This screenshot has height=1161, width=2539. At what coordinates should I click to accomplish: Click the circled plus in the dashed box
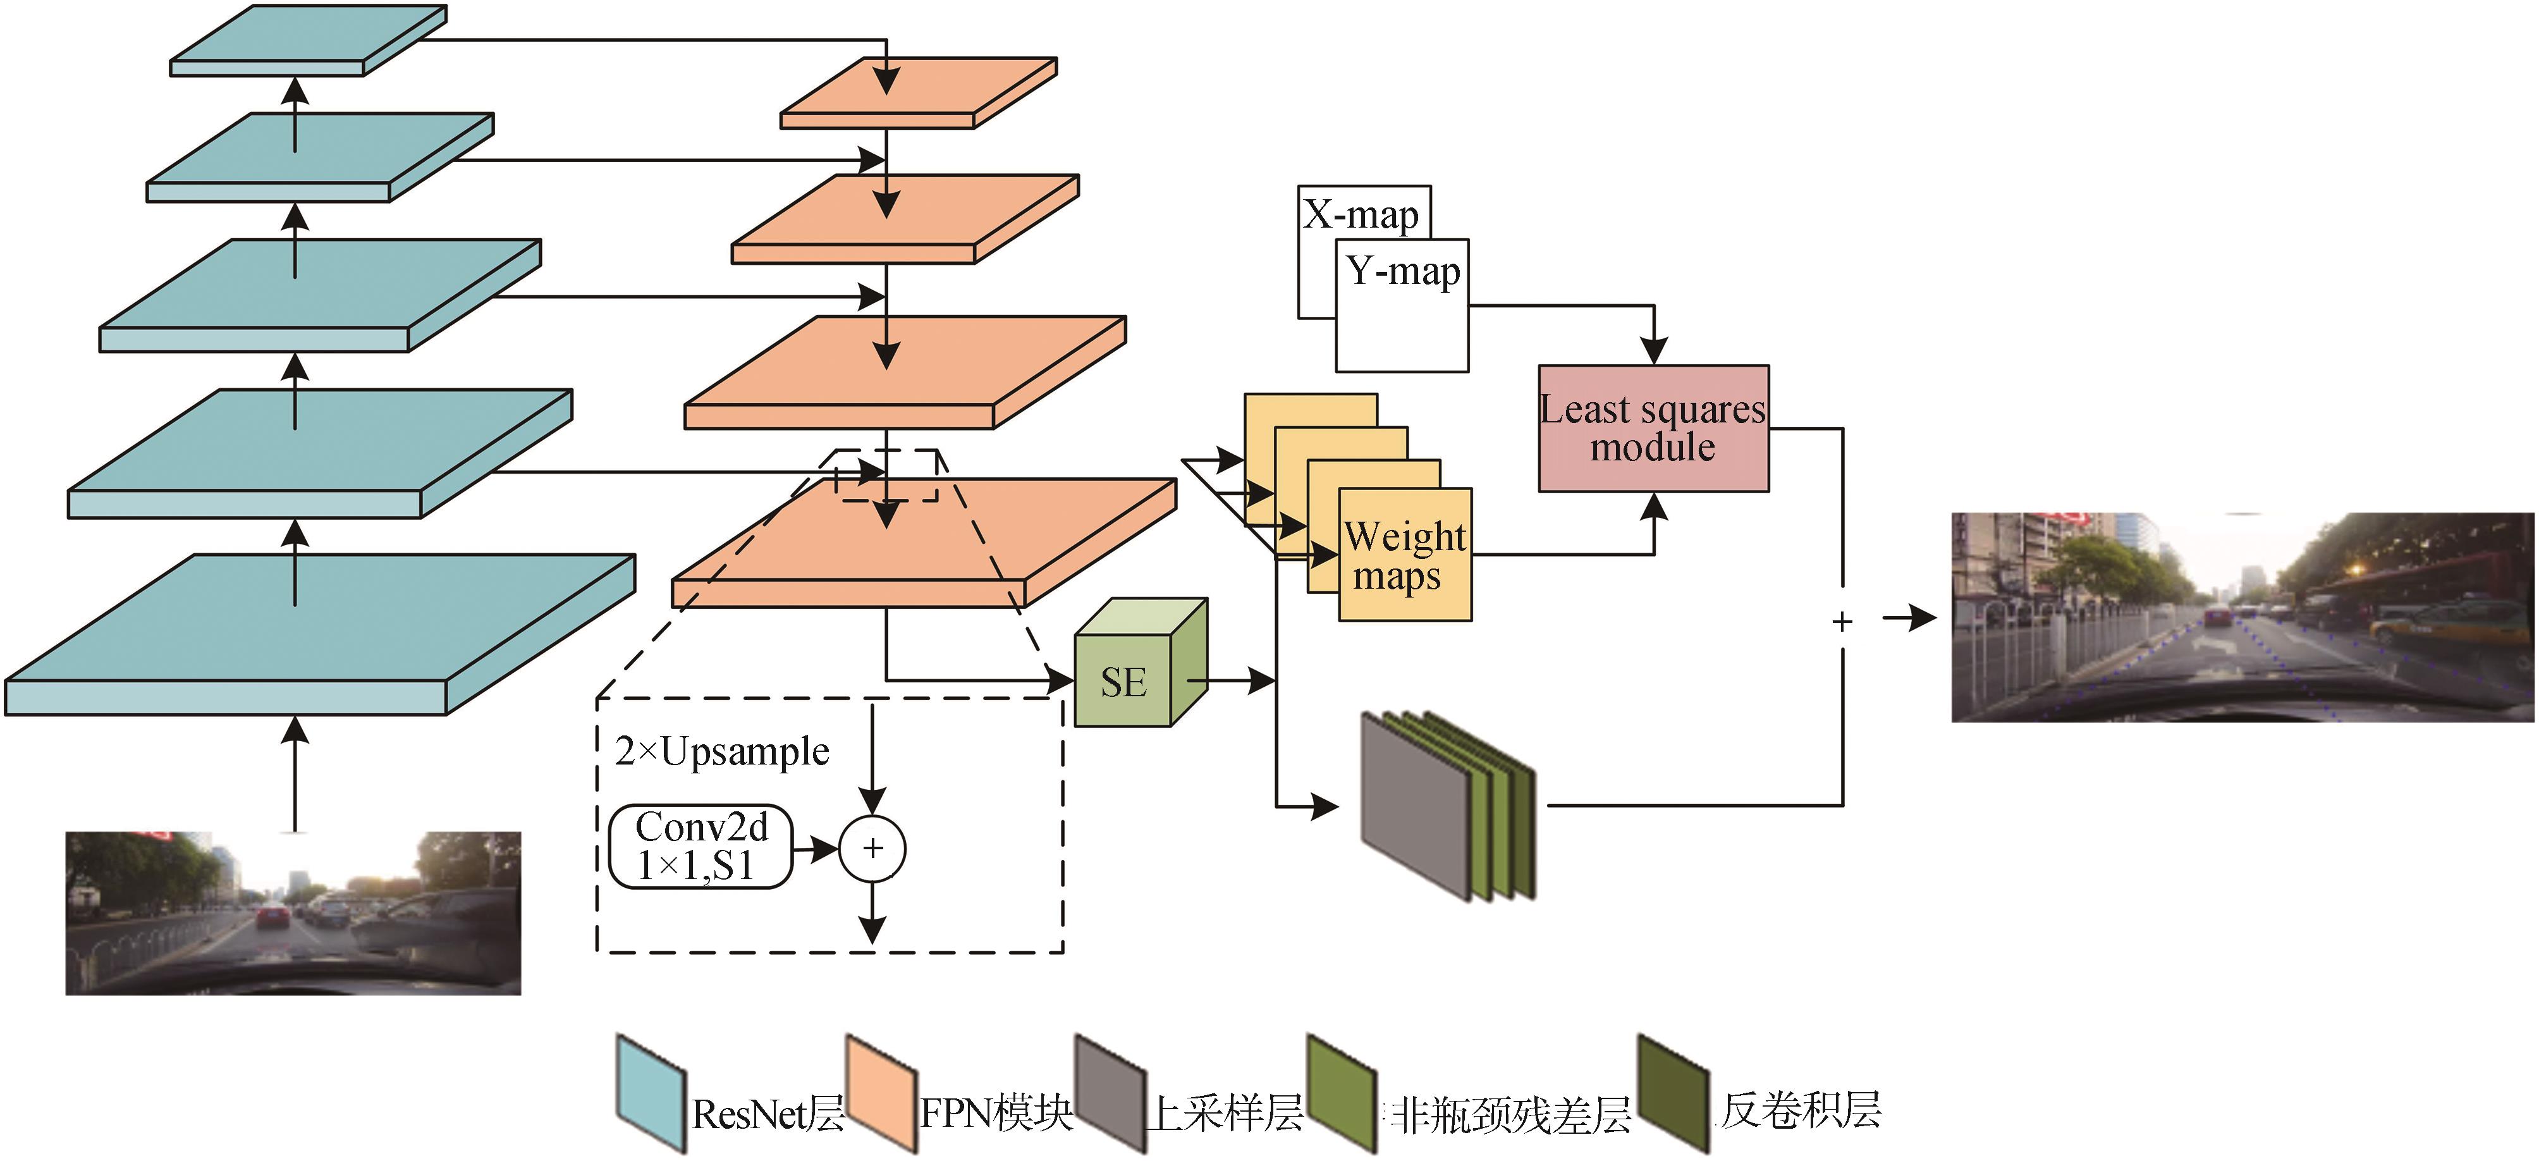(x=872, y=849)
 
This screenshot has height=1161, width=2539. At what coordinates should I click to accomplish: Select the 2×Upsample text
(x=721, y=751)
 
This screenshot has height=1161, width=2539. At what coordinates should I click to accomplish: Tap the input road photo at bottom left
(x=293, y=912)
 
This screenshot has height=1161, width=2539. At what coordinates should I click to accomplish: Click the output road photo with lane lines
(x=2242, y=617)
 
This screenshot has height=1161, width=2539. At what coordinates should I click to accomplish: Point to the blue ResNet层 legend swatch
(x=651, y=1092)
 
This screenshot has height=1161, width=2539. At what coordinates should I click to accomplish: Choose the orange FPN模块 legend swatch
(x=881, y=1092)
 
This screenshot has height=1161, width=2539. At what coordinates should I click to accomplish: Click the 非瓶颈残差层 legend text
(x=1510, y=1114)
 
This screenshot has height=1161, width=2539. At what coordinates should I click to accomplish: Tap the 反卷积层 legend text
(x=1801, y=1110)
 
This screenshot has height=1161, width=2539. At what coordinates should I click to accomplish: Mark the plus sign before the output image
(x=1841, y=621)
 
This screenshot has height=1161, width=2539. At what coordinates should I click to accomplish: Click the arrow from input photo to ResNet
(x=295, y=773)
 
